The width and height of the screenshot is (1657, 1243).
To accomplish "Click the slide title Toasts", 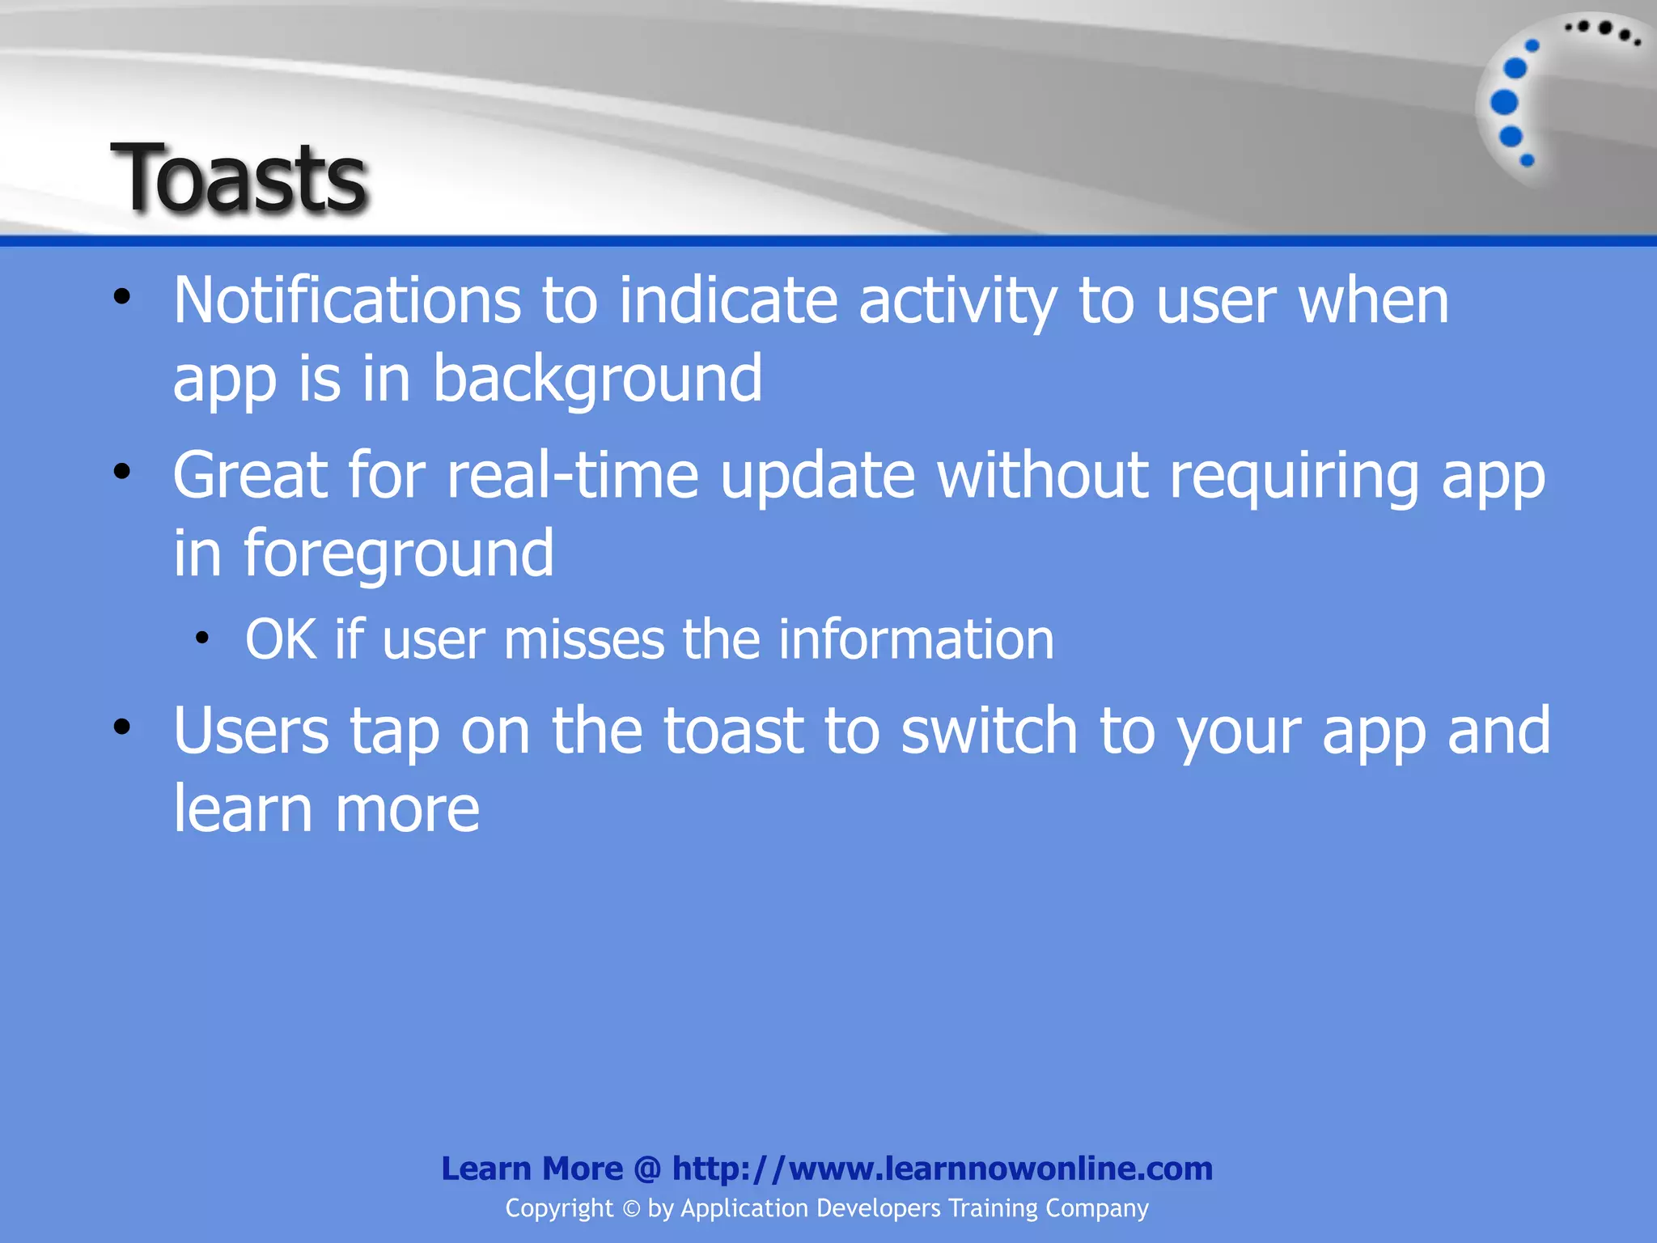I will [x=239, y=178].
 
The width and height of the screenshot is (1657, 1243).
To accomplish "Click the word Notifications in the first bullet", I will [x=346, y=301].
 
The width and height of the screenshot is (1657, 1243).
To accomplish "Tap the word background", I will [x=597, y=379].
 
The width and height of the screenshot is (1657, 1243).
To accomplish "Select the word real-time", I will [x=573, y=476].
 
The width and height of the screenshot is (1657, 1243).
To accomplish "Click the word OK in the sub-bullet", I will [x=280, y=640].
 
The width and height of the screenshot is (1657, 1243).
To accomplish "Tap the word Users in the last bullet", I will [x=251, y=731].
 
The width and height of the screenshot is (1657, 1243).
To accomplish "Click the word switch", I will [x=989, y=731].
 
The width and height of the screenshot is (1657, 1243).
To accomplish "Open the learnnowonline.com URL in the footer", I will [x=942, y=1169].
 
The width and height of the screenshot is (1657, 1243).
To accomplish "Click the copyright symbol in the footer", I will [x=631, y=1209].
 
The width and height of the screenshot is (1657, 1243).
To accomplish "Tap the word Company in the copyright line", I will [x=1096, y=1208].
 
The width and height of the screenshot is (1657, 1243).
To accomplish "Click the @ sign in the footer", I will [x=647, y=1169].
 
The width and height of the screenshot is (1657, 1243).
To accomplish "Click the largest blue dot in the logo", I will [x=1504, y=103].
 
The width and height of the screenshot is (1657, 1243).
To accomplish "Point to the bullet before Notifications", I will [x=121, y=297].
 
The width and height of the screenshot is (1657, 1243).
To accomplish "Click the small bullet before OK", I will [x=202, y=638].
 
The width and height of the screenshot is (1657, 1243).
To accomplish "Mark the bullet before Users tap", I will [x=121, y=727].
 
